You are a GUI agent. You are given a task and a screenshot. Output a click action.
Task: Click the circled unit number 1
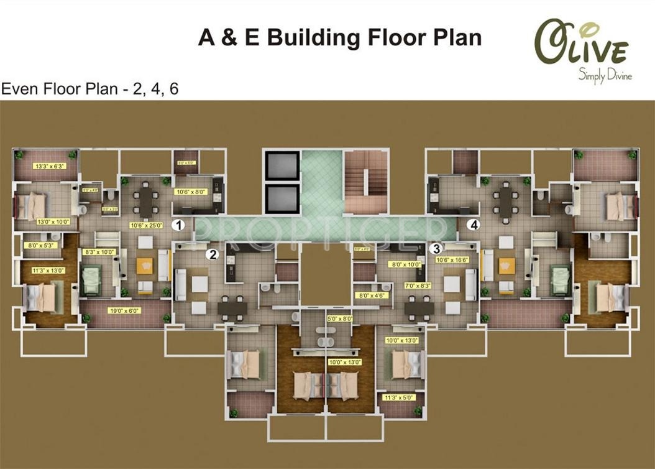pos(179,225)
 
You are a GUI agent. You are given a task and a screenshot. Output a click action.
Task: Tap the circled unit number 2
pos(213,254)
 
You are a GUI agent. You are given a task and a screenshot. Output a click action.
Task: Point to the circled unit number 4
pos(475,225)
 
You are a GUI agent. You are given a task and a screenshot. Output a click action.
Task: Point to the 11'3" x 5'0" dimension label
pos(399,397)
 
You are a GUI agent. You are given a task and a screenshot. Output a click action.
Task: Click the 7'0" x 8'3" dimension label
pos(416,286)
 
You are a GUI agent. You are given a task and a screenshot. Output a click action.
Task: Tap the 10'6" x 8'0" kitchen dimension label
pos(191,192)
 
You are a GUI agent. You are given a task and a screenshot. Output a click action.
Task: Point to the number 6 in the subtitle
pos(173,89)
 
